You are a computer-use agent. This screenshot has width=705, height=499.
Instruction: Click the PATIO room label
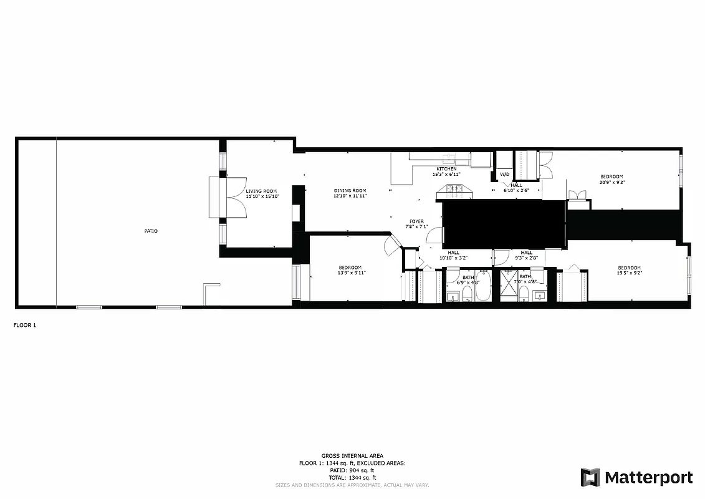pyautogui.click(x=151, y=231)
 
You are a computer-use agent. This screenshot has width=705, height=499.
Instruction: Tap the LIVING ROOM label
pyautogui.click(x=261, y=191)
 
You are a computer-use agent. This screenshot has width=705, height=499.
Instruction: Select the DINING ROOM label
pyautogui.click(x=350, y=191)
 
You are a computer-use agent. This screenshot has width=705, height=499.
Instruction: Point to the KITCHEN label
pyautogui.click(x=446, y=169)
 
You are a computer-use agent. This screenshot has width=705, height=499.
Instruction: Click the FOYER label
pyautogui.click(x=416, y=221)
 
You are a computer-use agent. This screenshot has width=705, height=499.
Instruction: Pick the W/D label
pyautogui.click(x=504, y=175)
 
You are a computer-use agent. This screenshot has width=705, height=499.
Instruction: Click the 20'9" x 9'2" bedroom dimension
pyautogui.click(x=611, y=183)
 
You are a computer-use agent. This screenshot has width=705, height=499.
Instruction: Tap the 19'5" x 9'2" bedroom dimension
pyautogui.click(x=629, y=273)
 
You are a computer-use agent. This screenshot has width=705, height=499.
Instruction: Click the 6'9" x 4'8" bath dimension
pyautogui.click(x=468, y=283)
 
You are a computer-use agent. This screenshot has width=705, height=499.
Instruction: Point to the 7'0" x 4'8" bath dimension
pyautogui.click(x=525, y=283)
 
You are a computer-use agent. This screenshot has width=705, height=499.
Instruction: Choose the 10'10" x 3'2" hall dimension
pyautogui.click(x=453, y=258)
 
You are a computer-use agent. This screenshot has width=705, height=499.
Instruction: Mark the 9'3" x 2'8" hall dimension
pyautogui.click(x=526, y=258)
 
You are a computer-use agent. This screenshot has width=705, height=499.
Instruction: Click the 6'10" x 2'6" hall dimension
pyautogui.click(x=517, y=190)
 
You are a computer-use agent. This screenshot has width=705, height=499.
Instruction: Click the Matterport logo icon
pyautogui.click(x=590, y=478)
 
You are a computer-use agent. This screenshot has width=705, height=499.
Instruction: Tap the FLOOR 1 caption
pyautogui.click(x=25, y=325)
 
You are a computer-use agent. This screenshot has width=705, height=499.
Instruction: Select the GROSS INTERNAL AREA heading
pyautogui.click(x=352, y=456)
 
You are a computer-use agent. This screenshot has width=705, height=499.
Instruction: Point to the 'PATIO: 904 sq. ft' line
pyautogui.click(x=352, y=470)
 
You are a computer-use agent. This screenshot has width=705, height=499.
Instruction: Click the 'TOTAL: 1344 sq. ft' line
pyautogui.click(x=352, y=477)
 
